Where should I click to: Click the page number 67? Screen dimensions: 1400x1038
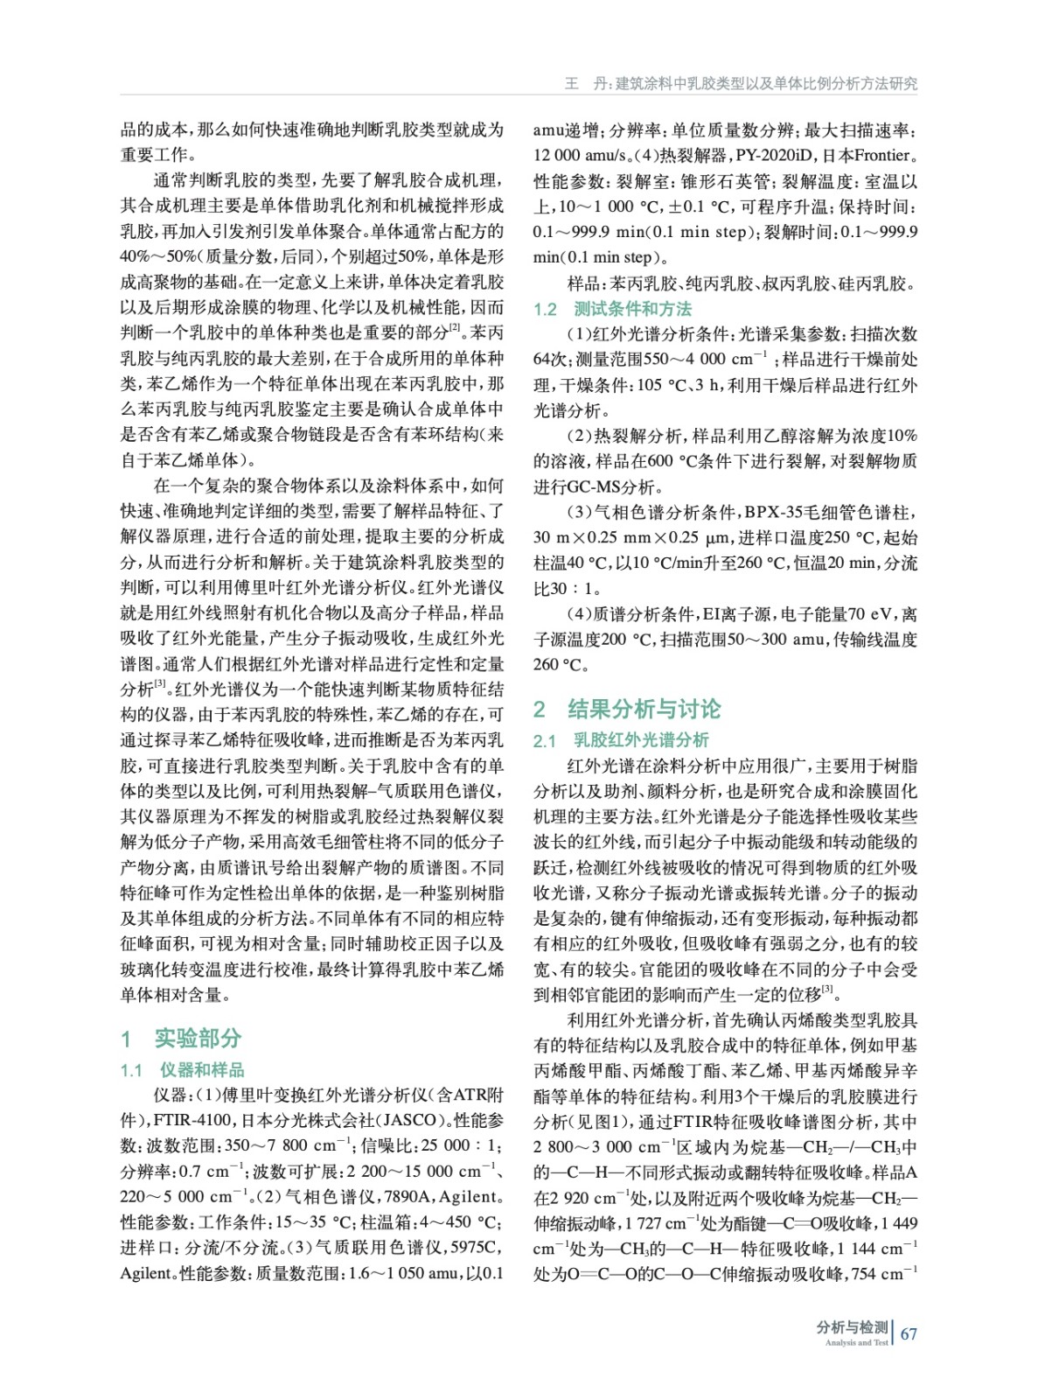pyautogui.click(x=909, y=1333)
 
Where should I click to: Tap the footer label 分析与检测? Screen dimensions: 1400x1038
pyautogui.click(x=852, y=1327)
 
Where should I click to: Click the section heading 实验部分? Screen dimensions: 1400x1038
pyautogui.click(x=198, y=1038)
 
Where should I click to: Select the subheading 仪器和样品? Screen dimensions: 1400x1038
pyautogui.click(x=202, y=1069)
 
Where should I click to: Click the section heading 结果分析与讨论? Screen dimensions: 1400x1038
pyautogui.click(x=644, y=709)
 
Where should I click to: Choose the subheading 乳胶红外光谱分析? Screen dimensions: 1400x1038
pyautogui.click(x=641, y=740)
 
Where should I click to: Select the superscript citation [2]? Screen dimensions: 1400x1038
pyautogui.click(x=455, y=328)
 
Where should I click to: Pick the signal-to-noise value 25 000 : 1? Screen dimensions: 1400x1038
pyautogui.click(x=460, y=1145)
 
